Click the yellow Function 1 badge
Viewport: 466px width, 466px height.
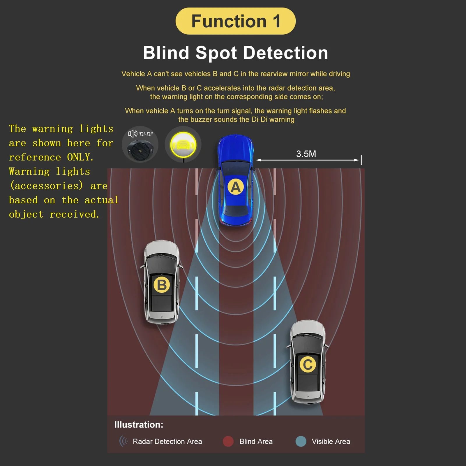(235, 21)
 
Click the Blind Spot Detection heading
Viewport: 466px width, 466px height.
(235, 53)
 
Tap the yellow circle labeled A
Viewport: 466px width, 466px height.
(235, 187)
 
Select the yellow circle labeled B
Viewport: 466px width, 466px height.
(162, 285)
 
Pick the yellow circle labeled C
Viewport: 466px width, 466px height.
(308, 364)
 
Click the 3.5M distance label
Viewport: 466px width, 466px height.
(306, 154)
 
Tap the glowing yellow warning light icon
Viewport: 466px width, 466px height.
(183, 145)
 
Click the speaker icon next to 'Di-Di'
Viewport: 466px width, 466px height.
(132, 134)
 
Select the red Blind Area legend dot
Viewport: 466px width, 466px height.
(228, 441)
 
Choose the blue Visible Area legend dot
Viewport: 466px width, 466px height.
(301, 441)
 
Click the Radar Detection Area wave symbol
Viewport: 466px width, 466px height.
(123, 441)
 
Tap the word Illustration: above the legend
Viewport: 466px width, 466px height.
(139, 425)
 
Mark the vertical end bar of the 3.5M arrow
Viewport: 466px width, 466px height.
(361, 160)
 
